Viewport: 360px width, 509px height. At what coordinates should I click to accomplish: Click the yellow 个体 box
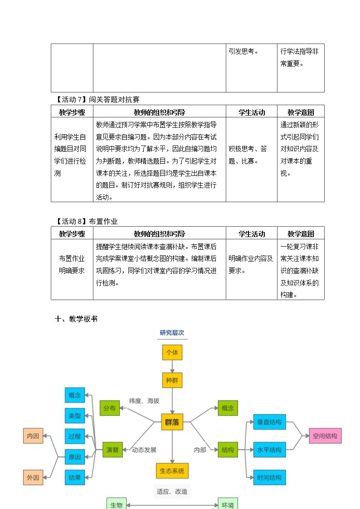click(x=172, y=353)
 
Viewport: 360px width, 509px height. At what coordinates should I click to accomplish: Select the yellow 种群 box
click(x=172, y=380)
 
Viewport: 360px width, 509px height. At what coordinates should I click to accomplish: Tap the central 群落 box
click(x=172, y=422)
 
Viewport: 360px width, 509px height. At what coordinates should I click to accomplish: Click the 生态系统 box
click(x=172, y=470)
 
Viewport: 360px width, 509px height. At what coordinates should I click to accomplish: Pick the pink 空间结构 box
click(x=325, y=436)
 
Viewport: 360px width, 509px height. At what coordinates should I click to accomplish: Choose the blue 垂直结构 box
click(x=269, y=422)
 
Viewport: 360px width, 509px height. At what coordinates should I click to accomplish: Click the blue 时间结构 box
click(x=269, y=478)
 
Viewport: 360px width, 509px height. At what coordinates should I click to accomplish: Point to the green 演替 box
click(x=112, y=450)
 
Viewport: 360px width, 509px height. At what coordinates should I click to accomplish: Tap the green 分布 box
click(x=109, y=408)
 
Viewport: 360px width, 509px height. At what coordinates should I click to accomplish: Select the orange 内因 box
click(x=33, y=436)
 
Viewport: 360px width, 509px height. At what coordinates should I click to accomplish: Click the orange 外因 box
click(x=33, y=478)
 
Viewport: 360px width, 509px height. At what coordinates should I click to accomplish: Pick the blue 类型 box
click(x=75, y=416)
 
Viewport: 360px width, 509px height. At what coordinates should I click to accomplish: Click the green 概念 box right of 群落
click(x=228, y=408)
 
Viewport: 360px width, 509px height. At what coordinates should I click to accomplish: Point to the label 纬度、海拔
click(x=144, y=401)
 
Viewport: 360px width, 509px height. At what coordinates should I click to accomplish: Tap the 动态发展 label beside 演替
click(x=144, y=450)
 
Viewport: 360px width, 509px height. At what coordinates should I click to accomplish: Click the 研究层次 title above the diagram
click(x=172, y=333)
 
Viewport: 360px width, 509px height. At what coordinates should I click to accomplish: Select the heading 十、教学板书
click(x=76, y=319)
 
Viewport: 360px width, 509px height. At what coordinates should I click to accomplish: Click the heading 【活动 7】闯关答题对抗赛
click(x=97, y=99)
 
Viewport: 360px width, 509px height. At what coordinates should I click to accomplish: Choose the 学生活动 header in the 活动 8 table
click(x=252, y=234)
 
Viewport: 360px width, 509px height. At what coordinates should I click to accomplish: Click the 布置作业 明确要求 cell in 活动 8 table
click(x=72, y=265)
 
